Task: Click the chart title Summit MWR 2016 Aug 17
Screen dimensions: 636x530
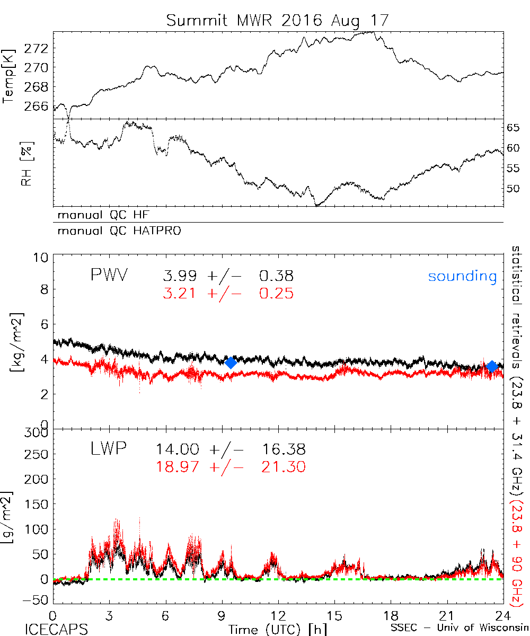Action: coord(278,21)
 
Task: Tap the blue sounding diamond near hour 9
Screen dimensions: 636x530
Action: coord(231,363)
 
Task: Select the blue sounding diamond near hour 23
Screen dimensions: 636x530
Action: coord(492,366)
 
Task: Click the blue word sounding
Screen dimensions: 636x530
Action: coord(462,276)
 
